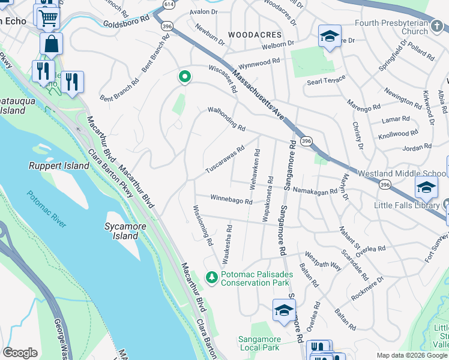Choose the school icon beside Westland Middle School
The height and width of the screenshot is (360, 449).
pos(426,187)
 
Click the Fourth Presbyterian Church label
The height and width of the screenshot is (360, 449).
pos(406,28)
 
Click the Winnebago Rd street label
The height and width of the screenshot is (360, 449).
pos(231,199)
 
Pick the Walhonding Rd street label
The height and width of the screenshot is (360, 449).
pos(227,119)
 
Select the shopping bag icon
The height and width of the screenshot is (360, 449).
pos(52,44)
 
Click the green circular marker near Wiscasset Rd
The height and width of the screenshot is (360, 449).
pos(185,77)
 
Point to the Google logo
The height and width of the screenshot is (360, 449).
pos(20,353)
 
